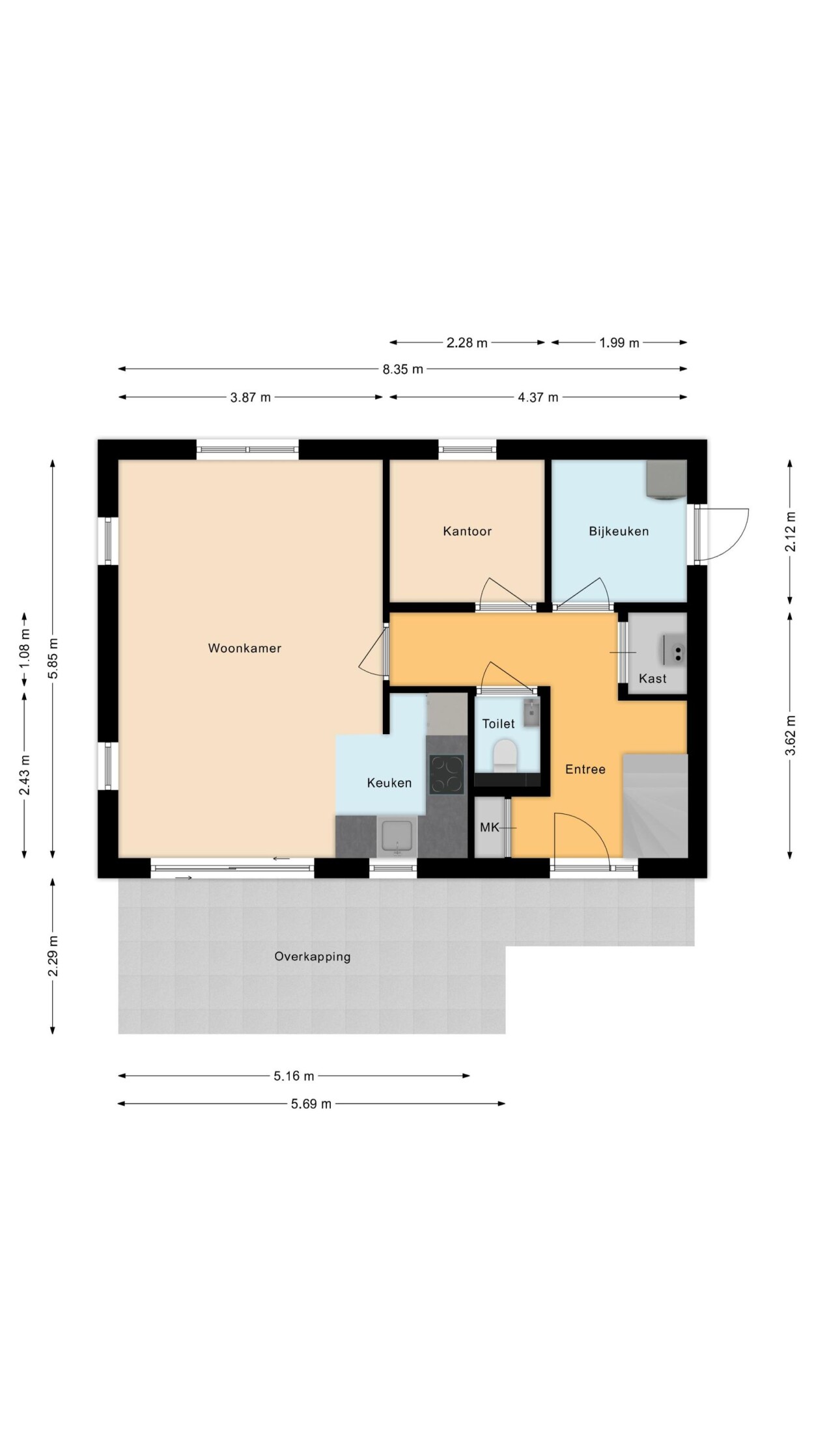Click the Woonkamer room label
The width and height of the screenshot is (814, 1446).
pos(244,648)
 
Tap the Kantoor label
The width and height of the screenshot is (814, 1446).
pos(467,531)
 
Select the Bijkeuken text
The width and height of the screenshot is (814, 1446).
pos(619,531)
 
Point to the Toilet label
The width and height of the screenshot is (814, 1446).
pos(498,724)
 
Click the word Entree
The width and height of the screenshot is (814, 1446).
pos(585,769)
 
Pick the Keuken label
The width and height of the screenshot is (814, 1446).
pos(389,783)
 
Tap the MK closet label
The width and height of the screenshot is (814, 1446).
pos(489,828)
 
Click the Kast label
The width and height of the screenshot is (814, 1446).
pos(653,679)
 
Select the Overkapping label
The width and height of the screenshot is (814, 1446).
pos(313,957)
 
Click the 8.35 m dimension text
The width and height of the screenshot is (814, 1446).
pos(402,370)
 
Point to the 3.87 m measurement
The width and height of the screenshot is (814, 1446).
pos(250,397)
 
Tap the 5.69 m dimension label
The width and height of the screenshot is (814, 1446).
pos(311,1104)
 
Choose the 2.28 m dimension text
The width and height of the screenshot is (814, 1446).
pos(467,343)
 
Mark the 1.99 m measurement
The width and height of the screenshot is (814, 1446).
pos(619,343)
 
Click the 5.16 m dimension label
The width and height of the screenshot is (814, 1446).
pos(294,1076)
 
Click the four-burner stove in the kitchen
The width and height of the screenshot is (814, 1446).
pos(447,774)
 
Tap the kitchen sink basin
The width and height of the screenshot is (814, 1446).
pos(397,838)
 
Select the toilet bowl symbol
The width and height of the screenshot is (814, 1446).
pos(505,755)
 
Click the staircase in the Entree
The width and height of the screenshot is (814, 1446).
pos(655,806)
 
